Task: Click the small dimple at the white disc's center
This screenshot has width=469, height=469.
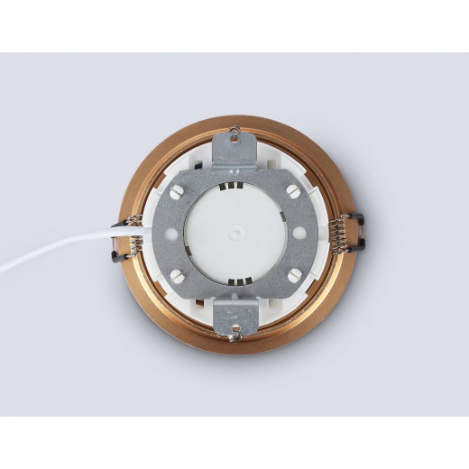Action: click(235, 233)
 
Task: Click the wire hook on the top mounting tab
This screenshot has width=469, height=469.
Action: click(235, 136)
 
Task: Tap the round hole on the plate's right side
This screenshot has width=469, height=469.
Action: click(308, 233)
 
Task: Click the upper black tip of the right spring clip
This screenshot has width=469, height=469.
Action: click(356, 219)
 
